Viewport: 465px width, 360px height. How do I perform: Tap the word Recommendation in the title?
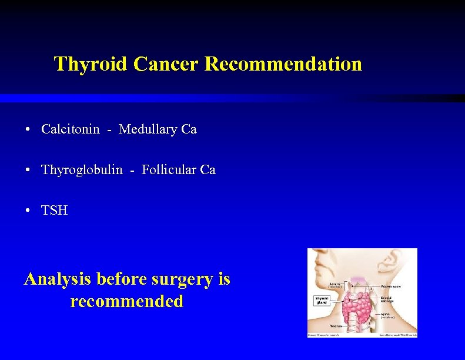tap(283, 64)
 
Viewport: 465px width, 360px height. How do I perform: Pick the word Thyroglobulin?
tap(82, 171)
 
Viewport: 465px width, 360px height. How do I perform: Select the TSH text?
tap(55, 211)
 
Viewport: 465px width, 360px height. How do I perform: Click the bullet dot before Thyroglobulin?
tap(28, 171)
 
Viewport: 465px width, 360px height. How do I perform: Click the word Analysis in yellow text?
tap(58, 279)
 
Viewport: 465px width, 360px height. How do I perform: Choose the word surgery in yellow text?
tap(186, 279)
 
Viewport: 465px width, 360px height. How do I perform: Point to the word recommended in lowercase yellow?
tap(127, 302)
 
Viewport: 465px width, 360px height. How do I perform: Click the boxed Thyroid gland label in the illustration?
tap(323, 301)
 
